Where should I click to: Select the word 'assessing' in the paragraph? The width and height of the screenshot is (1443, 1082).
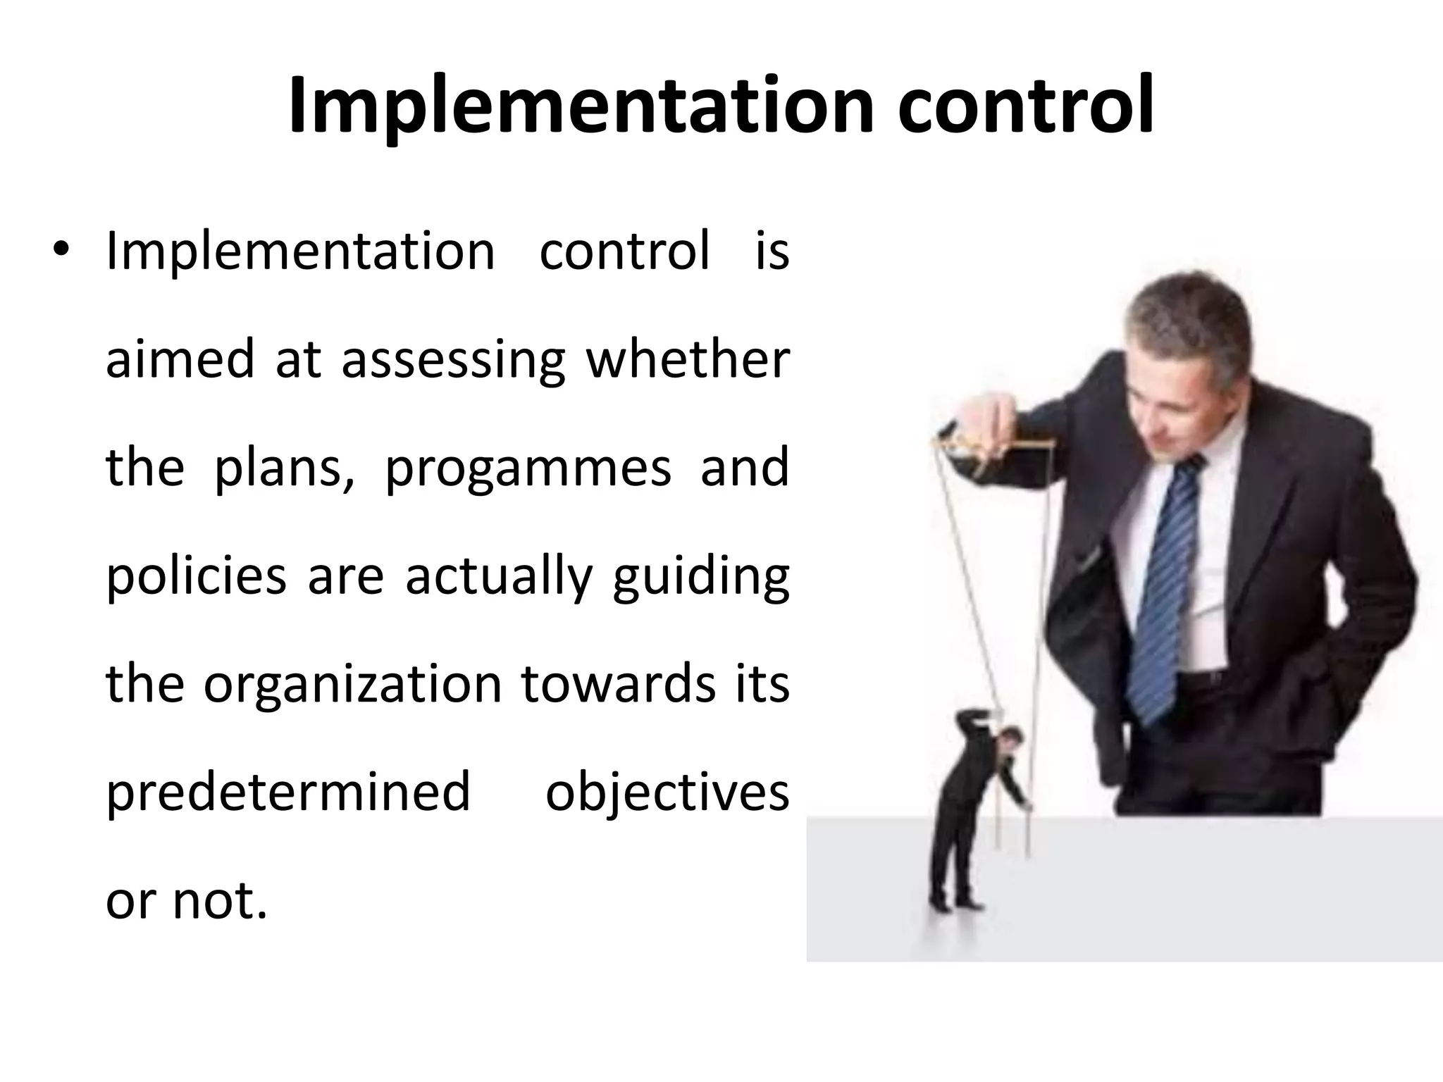[x=453, y=360]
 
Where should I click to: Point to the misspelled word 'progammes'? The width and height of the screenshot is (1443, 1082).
[x=528, y=468]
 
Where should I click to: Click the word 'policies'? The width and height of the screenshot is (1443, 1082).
[x=196, y=576]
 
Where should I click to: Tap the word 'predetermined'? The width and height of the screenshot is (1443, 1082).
[x=287, y=792]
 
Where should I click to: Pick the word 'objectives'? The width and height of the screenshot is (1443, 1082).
[x=667, y=792]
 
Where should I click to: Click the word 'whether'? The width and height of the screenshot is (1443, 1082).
[x=688, y=359]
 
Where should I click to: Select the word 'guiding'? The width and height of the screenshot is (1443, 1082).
[x=700, y=576]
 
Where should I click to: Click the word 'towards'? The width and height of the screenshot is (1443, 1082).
[x=618, y=684]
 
